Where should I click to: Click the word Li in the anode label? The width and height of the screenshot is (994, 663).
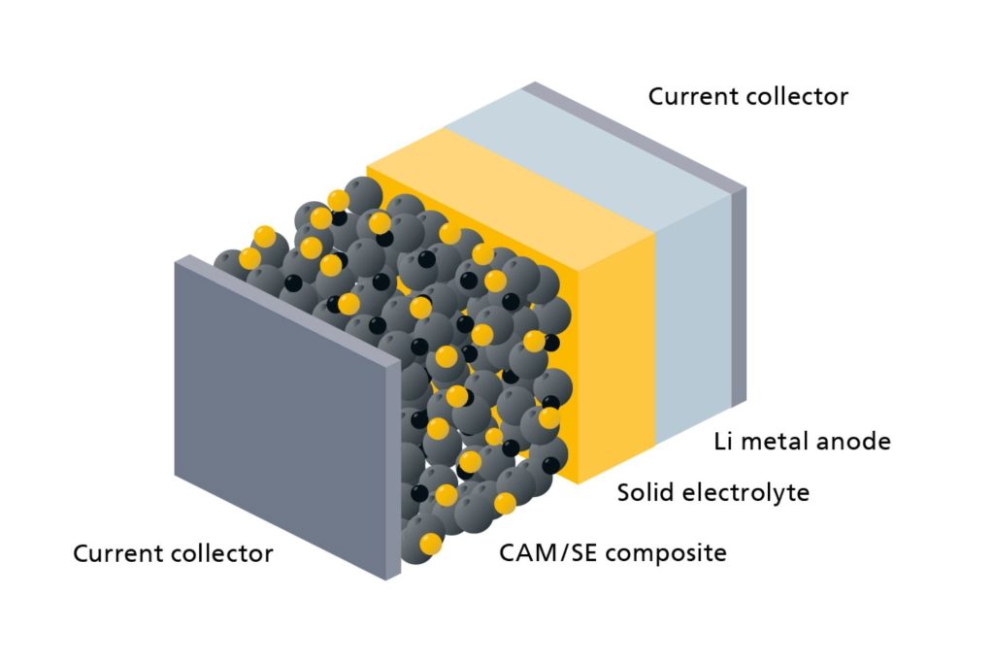tap(722, 442)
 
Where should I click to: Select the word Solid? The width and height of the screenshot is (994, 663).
tap(645, 493)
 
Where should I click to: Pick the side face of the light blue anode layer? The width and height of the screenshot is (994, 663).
tap(693, 320)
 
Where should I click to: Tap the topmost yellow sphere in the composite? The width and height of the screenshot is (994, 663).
tap(338, 200)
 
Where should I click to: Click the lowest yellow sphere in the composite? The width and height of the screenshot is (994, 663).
tap(430, 544)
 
